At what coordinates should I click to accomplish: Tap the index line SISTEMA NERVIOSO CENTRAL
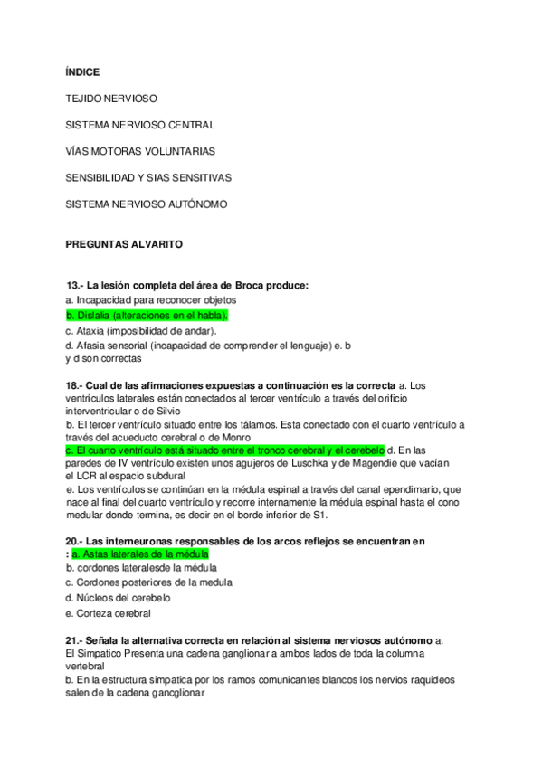pyautogui.click(x=140, y=124)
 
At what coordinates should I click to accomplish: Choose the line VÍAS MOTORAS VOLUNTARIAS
pyautogui.click(x=140, y=150)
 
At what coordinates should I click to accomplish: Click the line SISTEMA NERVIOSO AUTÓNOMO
pyautogui.click(x=147, y=204)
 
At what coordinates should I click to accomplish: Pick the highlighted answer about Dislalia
pyautogui.click(x=147, y=315)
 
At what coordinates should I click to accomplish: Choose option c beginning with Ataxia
pyautogui.click(x=141, y=330)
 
